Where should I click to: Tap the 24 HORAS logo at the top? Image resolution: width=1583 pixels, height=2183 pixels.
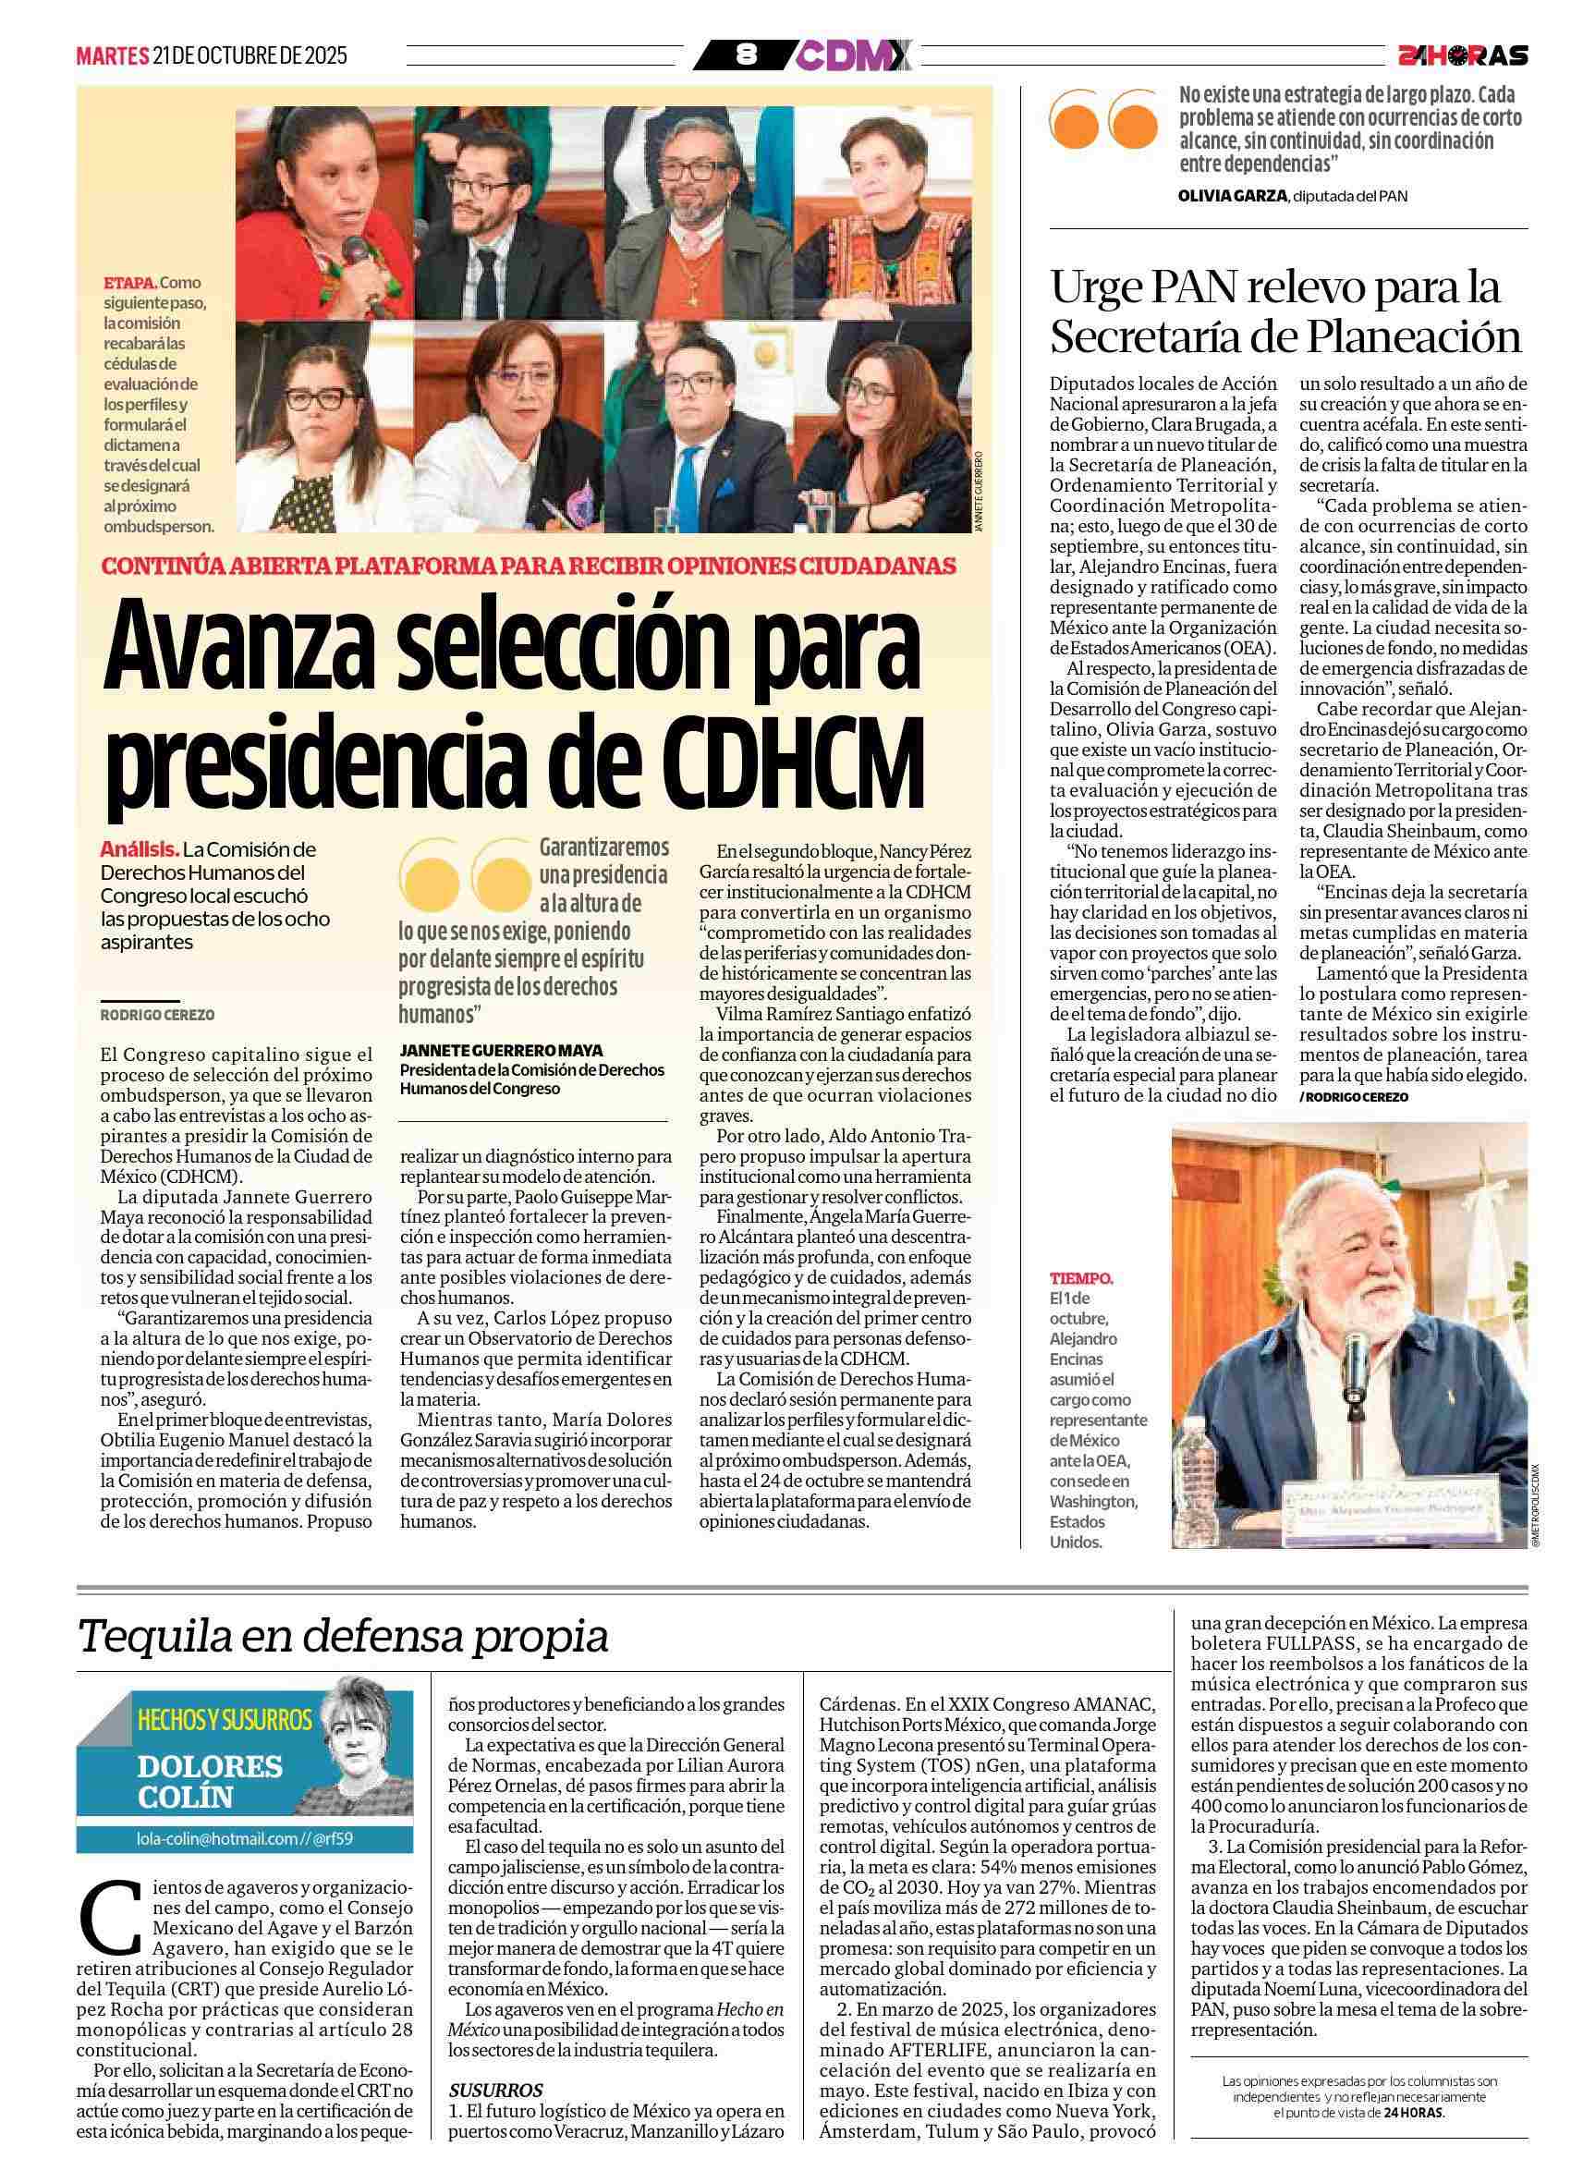[x=1462, y=55]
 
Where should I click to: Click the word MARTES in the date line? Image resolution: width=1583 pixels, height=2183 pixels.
[x=112, y=55]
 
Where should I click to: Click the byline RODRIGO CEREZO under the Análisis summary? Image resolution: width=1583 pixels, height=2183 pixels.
[x=157, y=1015]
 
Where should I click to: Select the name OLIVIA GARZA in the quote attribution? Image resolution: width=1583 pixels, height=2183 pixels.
[x=1232, y=196]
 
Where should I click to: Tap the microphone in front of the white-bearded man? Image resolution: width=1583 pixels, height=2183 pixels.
[x=1356, y=1366]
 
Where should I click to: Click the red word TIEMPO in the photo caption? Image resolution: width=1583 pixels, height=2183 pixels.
[x=1080, y=1279]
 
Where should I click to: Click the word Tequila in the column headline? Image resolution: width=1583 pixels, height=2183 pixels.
[x=155, y=1634]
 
